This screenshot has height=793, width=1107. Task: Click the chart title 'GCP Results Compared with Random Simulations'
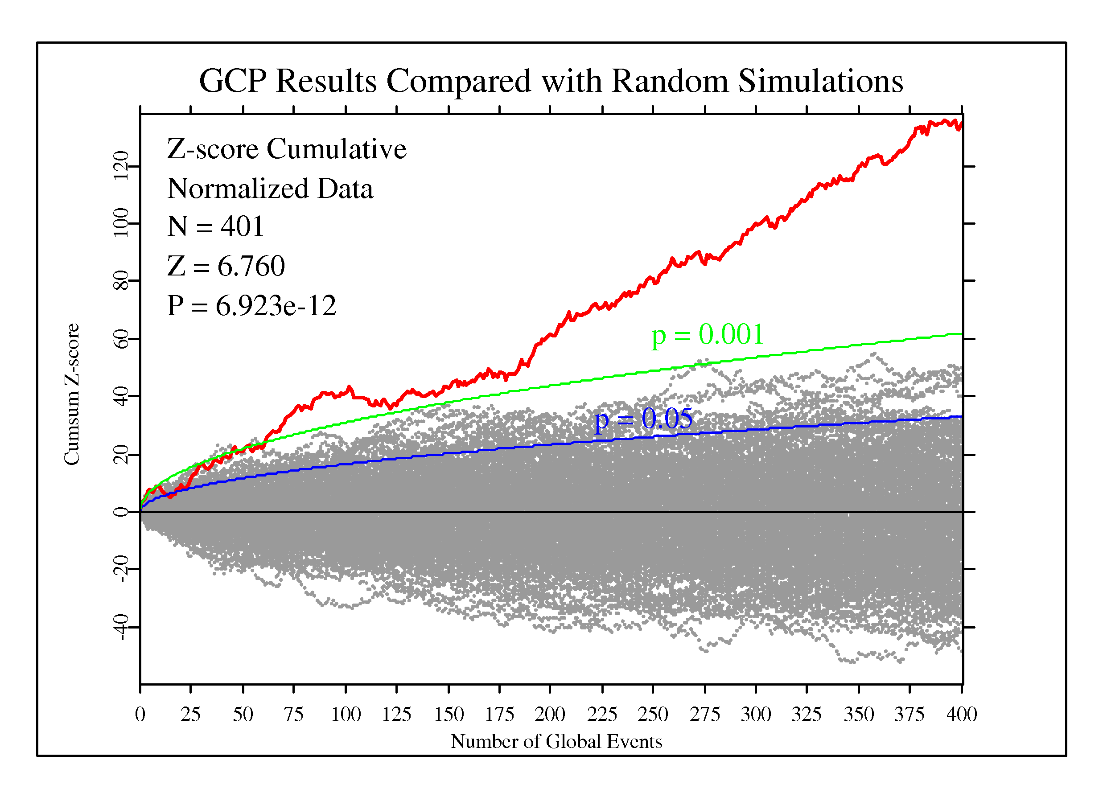(551, 81)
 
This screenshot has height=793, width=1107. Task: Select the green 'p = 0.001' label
(707, 335)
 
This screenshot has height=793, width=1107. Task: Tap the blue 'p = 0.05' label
(643, 419)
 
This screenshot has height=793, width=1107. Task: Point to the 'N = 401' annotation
(216, 226)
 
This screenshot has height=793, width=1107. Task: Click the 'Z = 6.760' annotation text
(226, 267)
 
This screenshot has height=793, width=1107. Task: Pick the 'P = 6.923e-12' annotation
(251, 306)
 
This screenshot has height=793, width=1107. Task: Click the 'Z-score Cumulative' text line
(287, 149)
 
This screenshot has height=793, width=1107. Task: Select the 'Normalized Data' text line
(270, 189)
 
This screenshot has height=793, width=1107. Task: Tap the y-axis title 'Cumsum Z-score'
(72, 394)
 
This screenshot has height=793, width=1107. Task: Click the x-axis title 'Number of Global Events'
(556, 742)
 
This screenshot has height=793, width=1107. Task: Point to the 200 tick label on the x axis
(550, 715)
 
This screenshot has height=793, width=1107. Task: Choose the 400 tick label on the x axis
(961, 715)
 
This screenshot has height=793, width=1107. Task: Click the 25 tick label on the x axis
(190, 715)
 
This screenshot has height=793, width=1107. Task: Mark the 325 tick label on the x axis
(807, 715)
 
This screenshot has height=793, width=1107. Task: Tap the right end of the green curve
(961, 334)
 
